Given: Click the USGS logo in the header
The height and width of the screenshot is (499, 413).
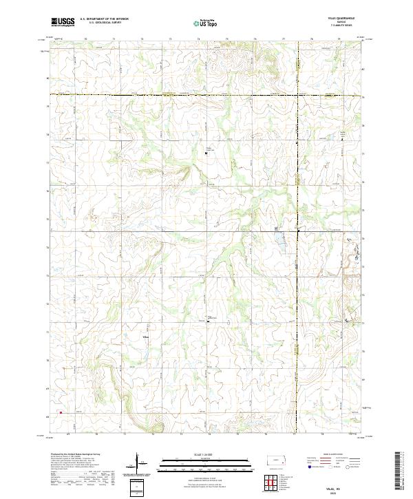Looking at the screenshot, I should [x=63, y=22].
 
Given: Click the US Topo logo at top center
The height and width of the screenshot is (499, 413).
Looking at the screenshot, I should [x=206, y=23].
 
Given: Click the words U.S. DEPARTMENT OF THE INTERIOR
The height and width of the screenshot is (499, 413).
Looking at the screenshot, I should [x=105, y=19].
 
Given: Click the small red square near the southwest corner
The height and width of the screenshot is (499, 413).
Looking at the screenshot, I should [x=61, y=413].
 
